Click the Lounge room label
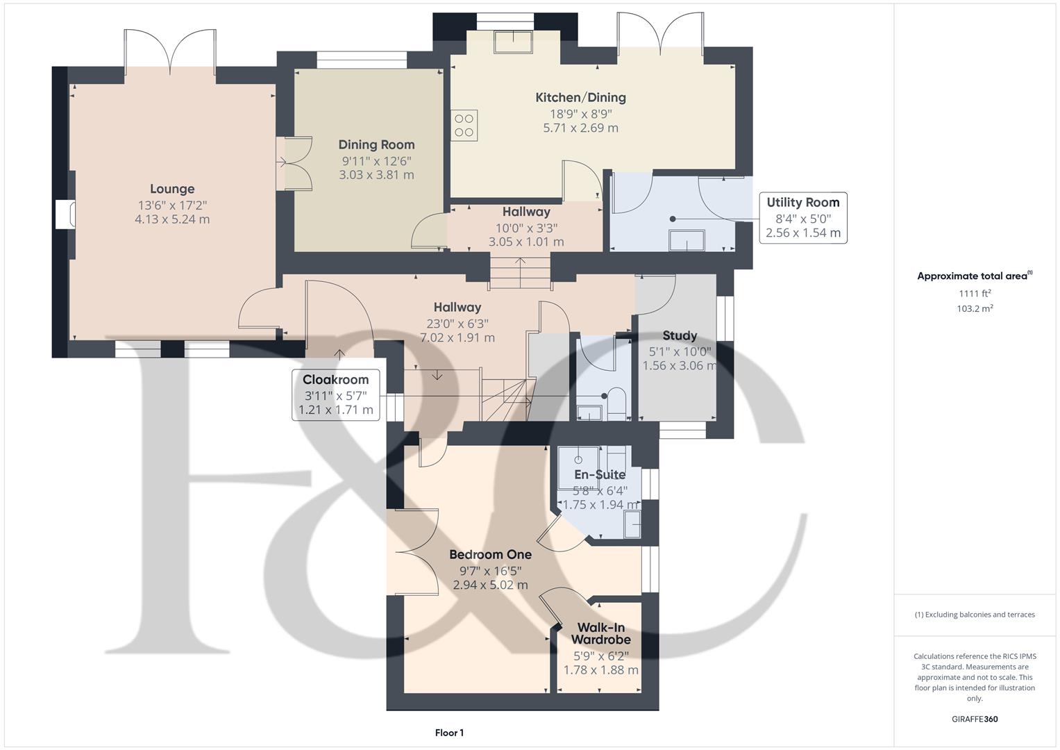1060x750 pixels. coord(172,189)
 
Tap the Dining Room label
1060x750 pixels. coord(376,145)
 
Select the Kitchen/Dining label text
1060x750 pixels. coord(580,98)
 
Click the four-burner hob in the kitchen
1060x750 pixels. coord(464,126)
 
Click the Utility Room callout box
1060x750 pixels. coord(802,217)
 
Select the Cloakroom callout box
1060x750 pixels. coord(336,394)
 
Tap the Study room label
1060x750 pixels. coord(679,335)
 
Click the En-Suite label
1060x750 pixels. coord(600,475)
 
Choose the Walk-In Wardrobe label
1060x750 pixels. coord(601,633)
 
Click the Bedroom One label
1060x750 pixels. coord(490,555)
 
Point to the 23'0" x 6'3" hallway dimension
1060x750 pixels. coord(457,323)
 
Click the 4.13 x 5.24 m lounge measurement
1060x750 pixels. coord(172,219)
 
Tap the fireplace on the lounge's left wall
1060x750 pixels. coord(64,215)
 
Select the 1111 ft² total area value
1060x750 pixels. coord(975,293)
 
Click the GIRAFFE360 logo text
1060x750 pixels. coord(975,719)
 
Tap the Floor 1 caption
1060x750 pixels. coord(449,733)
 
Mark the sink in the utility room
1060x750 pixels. coord(686,241)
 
